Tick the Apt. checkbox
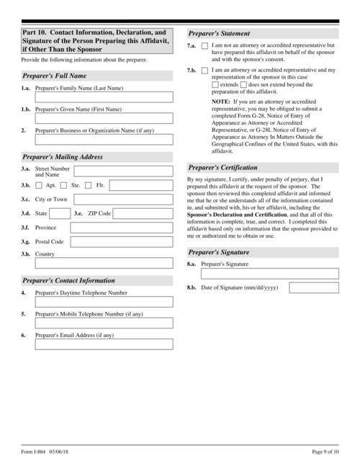(40, 185)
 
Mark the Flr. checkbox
(89, 185)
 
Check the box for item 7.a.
(205, 46)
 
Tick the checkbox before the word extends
(215, 85)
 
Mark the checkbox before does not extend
(243, 85)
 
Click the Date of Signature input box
(314, 288)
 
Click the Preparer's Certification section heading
(224, 166)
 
